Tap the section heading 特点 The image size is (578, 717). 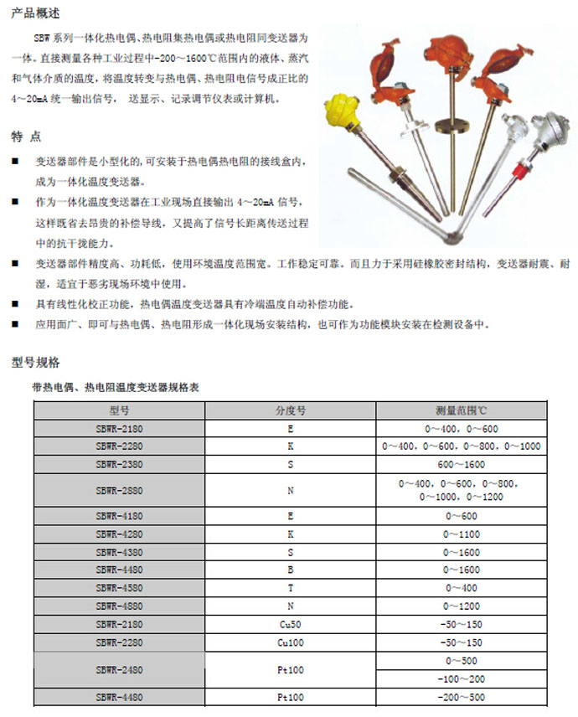coord(26,137)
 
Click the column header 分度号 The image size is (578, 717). coord(291,410)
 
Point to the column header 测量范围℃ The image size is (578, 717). coord(462,410)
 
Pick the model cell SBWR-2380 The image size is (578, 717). coord(119,463)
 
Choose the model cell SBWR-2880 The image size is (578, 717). coord(119,490)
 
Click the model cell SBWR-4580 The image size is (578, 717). coord(119,588)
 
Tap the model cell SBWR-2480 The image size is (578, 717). coord(119,669)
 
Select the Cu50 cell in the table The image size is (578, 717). coord(291,624)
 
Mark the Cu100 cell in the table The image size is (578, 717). coord(291,642)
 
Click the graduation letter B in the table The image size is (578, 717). coord(291,570)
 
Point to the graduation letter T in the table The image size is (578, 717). coord(291,588)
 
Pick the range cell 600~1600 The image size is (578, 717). coord(462,463)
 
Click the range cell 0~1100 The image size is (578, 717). coord(462,534)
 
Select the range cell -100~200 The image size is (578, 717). coord(462,678)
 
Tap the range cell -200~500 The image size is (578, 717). coord(462,697)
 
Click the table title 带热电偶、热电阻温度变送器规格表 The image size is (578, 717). coord(115,387)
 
